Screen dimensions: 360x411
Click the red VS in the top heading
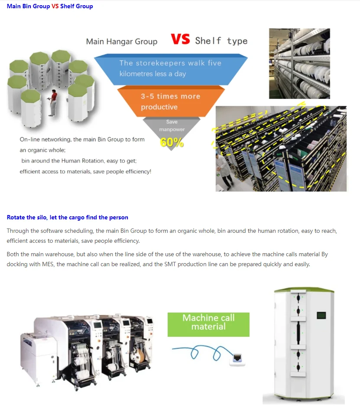pos(55,6)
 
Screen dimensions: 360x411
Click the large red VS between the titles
pos(180,39)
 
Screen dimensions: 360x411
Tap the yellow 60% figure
pos(172,142)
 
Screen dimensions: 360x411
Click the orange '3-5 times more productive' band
pos(171,101)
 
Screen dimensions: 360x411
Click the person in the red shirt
pos(53,103)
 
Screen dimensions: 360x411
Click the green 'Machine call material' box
pos(208,324)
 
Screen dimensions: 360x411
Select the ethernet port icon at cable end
pos(237,358)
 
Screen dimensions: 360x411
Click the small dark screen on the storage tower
pos(321,315)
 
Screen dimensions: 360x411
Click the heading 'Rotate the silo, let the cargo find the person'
pos(67,217)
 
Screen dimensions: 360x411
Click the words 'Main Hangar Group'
pos(122,42)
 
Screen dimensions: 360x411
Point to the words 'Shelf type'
pos(221,41)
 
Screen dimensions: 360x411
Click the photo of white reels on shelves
pos(299,63)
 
